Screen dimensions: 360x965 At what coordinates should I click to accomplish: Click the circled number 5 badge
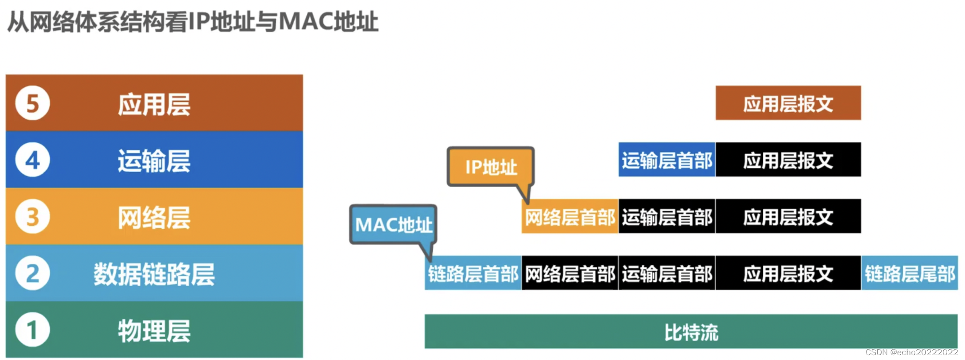point(32,103)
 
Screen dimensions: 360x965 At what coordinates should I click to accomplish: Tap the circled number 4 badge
point(32,160)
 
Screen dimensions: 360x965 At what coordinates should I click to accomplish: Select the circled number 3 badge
point(32,217)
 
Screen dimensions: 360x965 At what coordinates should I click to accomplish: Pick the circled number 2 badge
point(32,274)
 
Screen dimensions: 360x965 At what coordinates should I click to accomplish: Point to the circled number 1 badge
point(32,330)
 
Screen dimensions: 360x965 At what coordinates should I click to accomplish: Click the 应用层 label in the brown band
point(154,104)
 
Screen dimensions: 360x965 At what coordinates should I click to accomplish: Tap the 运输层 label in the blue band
point(154,161)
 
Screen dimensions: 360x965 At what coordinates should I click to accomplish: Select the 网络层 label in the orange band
point(154,218)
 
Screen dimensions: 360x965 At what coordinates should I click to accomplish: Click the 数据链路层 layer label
point(154,274)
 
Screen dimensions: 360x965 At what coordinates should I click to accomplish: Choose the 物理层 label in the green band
point(154,331)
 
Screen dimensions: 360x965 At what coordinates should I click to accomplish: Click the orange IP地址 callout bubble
point(491,167)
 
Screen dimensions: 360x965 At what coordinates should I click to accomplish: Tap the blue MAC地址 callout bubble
point(393,224)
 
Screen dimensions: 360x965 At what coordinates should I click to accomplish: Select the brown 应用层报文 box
point(788,103)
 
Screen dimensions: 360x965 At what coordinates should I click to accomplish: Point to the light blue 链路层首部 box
point(473,274)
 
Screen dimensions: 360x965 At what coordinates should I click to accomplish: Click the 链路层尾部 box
point(910,274)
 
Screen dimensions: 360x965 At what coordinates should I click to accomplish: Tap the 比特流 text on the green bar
point(691,332)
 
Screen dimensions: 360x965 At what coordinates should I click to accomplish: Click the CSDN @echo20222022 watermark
point(911,352)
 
